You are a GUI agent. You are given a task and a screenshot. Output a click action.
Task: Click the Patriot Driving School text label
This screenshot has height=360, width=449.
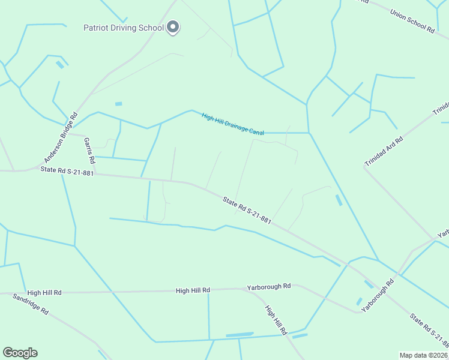(124, 28)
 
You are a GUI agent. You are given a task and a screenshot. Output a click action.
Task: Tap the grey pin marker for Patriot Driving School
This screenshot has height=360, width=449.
(173, 27)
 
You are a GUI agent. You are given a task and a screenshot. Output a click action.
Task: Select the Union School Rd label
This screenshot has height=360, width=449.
(412, 20)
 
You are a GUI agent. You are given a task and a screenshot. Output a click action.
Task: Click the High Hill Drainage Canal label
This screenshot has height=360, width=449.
(233, 124)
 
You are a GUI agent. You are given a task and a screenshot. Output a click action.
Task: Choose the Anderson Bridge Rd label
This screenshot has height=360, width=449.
(61, 137)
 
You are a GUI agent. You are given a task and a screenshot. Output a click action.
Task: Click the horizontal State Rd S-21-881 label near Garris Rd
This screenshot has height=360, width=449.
(67, 172)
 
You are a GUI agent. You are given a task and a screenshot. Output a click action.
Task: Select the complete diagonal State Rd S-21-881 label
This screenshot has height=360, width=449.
(247, 211)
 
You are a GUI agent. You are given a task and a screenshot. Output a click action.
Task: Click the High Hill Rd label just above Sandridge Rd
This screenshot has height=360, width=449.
(44, 293)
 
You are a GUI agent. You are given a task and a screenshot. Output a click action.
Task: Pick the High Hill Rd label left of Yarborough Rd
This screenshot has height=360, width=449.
(193, 290)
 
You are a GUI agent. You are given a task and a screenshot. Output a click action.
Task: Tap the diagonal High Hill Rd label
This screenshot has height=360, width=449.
(276, 320)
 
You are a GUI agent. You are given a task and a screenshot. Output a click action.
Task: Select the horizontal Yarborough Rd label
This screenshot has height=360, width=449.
(268, 287)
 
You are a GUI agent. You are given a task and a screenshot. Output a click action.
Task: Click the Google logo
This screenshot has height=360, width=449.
(20, 353)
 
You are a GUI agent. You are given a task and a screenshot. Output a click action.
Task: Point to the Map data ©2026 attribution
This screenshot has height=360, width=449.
(424, 355)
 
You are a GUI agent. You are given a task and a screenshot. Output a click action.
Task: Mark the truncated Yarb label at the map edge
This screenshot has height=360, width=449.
(443, 233)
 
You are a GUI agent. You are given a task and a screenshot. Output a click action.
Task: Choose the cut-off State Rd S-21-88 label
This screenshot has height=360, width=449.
(429, 330)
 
